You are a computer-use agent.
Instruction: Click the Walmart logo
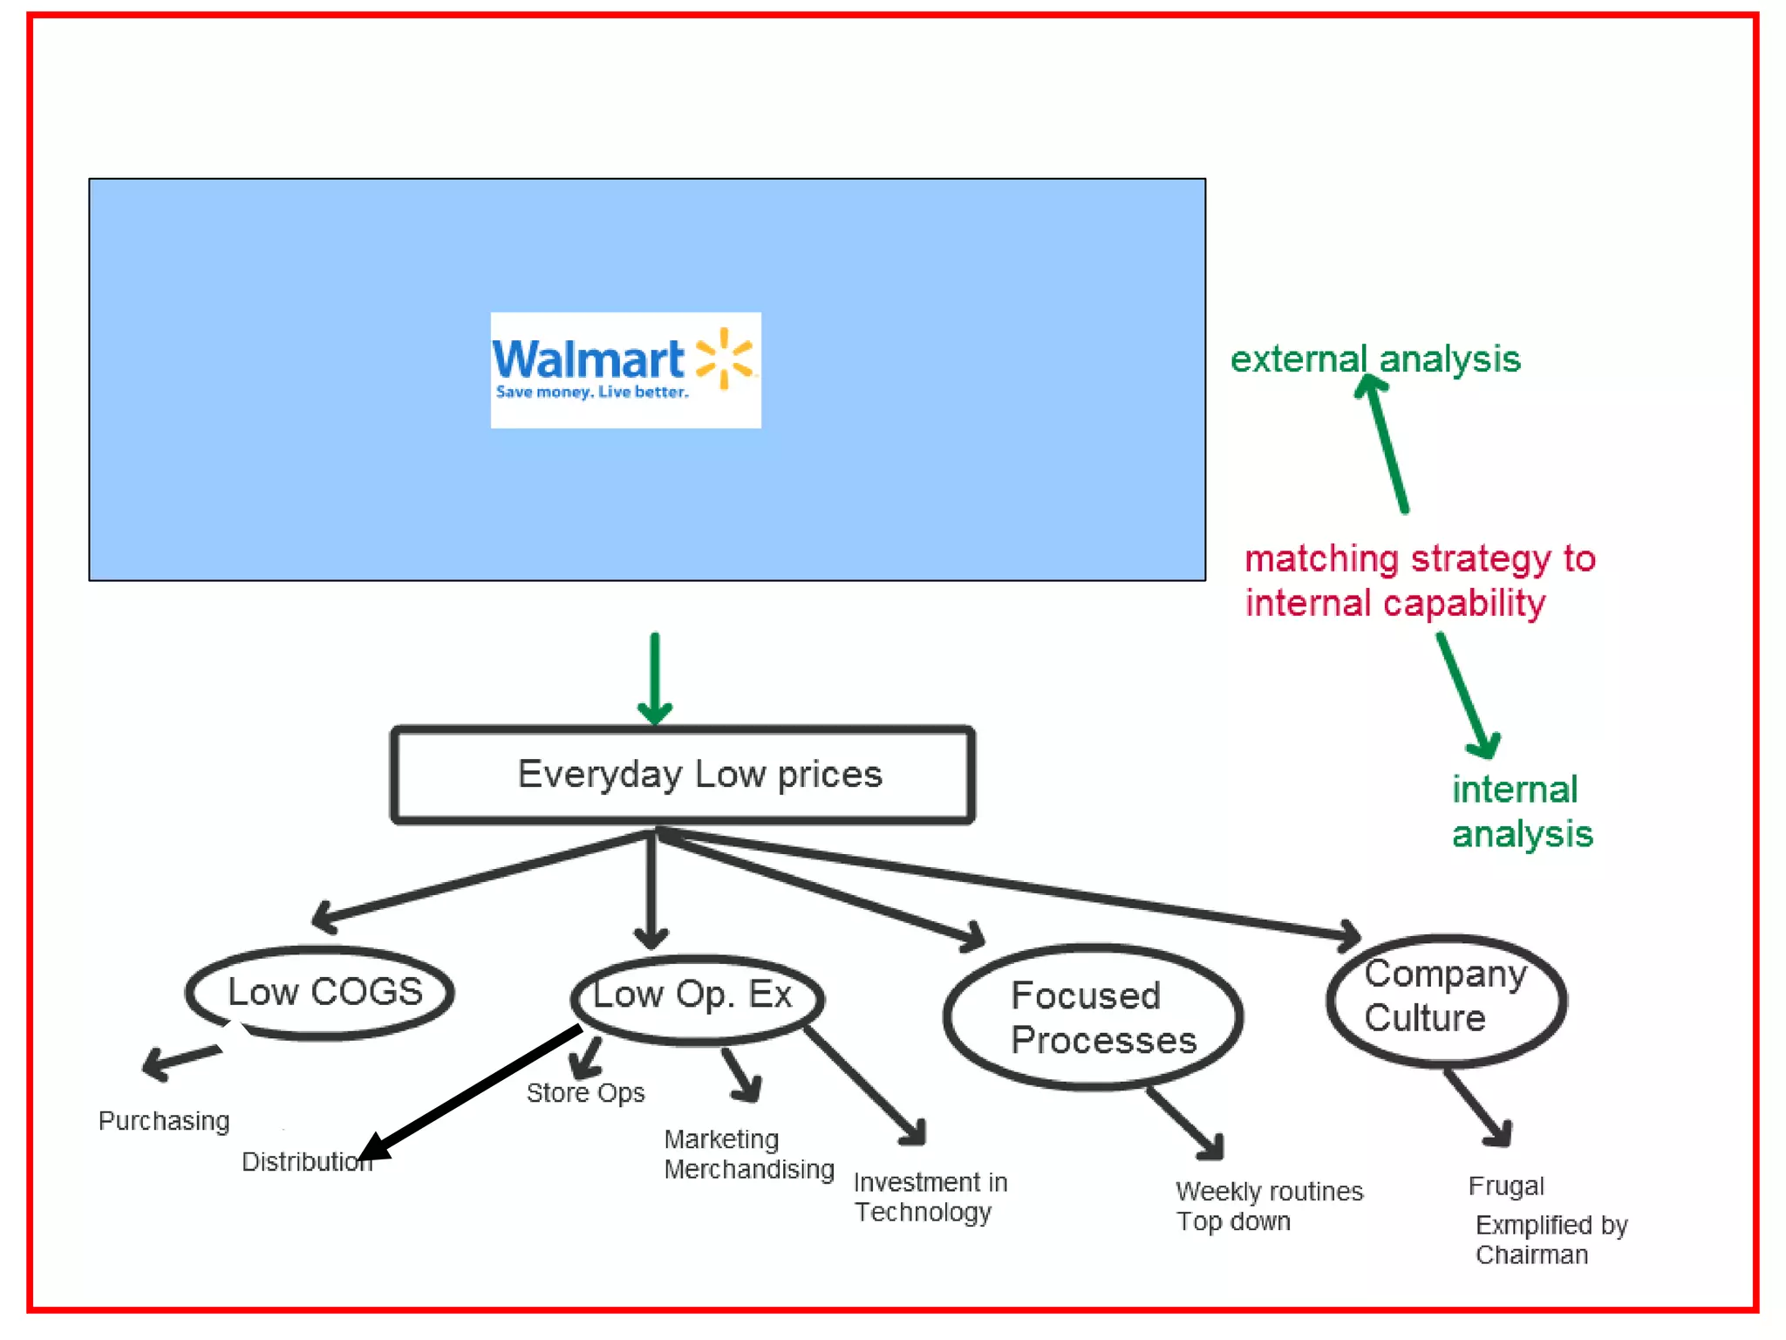[625, 370]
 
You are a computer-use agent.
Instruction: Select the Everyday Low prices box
[682, 775]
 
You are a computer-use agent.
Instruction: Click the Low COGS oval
[320, 993]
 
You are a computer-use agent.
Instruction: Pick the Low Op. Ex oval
[697, 998]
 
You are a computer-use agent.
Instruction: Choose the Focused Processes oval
[1094, 1017]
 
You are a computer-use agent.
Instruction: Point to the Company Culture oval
[1447, 1000]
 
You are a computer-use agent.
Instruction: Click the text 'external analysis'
[1375, 359]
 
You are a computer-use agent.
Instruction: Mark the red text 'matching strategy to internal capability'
[1419, 581]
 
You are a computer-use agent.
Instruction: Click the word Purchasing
[164, 1121]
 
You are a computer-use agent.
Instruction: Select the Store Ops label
[585, 1093]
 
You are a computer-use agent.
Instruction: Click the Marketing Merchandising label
[748, 1154]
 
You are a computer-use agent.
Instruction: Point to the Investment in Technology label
[930, 1197]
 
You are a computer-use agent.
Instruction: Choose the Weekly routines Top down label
[1268, 1206]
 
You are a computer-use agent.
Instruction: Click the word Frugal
[1506, 1186]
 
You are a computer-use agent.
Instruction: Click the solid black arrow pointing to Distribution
[471, 1094]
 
